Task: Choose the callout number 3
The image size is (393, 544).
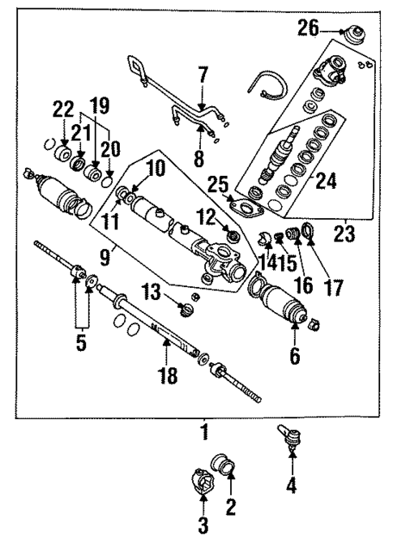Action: [203, 525]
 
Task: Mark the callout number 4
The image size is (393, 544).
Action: [290, 486]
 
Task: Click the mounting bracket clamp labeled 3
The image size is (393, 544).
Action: [202, 486]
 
